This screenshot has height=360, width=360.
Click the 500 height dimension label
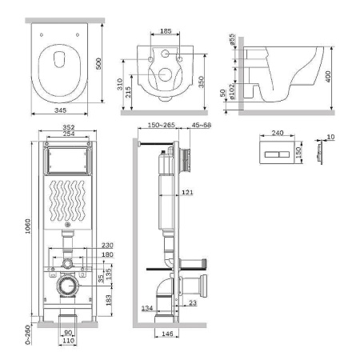(x=98, y=63)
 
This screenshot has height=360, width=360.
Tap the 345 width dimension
(x=60, y=110)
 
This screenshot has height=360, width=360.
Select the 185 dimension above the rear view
(x=166, y=31)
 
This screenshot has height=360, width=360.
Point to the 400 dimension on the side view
(x=328, y=77)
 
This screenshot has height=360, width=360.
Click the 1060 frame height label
(x=28, y=226)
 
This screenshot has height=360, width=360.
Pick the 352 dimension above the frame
(x=69, y=127)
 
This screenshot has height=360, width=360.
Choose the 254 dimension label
(x=69, y=134)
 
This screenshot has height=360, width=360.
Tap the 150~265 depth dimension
(x=162, y=125)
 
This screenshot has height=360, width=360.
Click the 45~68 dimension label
(x=202, y=125)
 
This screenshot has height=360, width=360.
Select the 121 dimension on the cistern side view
(x=187, y=192)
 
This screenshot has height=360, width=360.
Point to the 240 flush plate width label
(x=278, y=133)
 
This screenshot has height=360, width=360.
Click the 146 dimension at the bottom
(x=167, y=334)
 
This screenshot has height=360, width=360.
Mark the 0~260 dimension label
(x=28, y=334)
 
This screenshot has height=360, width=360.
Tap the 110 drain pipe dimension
(x=68, y=341)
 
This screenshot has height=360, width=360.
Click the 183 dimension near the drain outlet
(x=108, y=300)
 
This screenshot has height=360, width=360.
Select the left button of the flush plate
(x=271, y=154)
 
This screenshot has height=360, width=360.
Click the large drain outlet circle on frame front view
(x=69, y=286)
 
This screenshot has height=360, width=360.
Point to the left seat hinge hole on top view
(x=42, y=34)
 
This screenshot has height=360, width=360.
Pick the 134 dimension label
(x=147, y=308)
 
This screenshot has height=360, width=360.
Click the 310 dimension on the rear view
(x=120, y=84)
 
